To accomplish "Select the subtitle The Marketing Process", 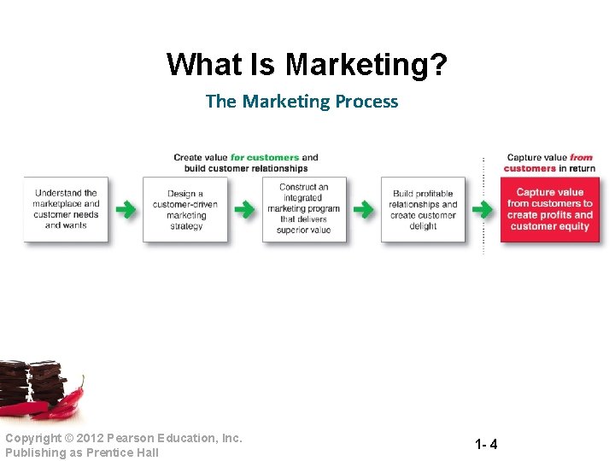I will pos(302,102).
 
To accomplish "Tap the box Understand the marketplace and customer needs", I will pos(66,209).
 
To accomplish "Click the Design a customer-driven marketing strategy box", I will pos(185,210).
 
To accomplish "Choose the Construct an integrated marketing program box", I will pos(304,209).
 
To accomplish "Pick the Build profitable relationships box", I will pos(423,210).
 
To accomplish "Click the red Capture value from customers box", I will pos(549,210).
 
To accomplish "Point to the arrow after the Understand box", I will pos(126,210).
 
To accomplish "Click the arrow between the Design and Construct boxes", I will pos(245,210).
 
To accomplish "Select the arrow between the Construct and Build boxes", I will pos(364,210).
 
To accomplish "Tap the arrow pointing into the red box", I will pos(483,210).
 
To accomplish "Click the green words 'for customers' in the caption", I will pos(265,157).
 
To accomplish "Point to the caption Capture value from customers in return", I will pos(549,163).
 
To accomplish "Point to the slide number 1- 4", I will pos(487,445).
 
